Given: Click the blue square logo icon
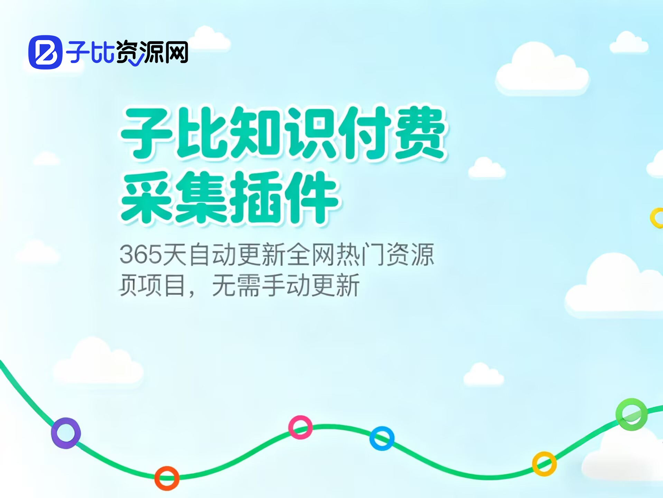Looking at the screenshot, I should click(x=45, y=52).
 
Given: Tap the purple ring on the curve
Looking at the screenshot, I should click(x=66, y=433).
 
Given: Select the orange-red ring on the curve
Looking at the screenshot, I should click(x=167, y=478).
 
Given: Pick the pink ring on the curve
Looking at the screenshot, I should click(x=300, y=427).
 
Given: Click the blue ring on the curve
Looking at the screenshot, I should click(x=382, y=438).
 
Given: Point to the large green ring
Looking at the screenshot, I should click(x=632, y=414).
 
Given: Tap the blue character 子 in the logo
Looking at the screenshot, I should click(x=78, y=53).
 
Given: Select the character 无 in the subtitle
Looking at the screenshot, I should click(x=224, y=286).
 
